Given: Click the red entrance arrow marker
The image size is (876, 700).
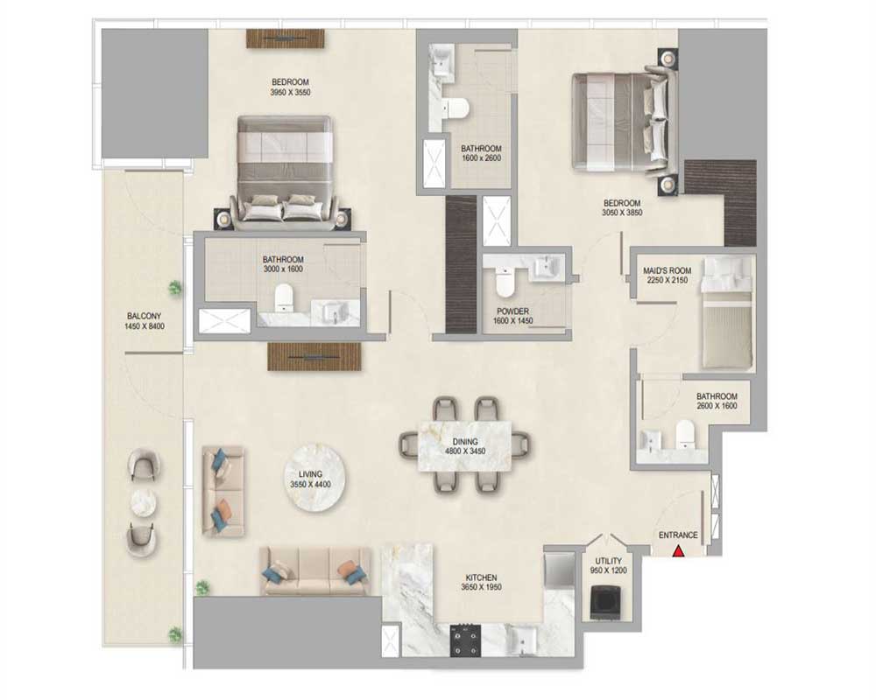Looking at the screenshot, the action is click(x=678, y=551).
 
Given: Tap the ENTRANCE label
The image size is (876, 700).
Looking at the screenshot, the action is click(x=678, y=535).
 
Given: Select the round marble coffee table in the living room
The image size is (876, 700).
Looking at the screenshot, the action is click(x=315, y=479).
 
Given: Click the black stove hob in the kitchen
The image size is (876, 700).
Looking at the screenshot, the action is click(x=465, y=640).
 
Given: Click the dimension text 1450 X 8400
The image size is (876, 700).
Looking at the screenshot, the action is click(x=145, y=326).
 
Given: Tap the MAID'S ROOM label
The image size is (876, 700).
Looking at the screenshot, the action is click(x=667, y=270).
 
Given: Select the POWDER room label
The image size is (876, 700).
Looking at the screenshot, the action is click(x=512, y=311).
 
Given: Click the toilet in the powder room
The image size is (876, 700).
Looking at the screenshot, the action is click(x=505, y=282).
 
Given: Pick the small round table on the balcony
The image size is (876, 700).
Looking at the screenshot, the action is click(x=145, y=503).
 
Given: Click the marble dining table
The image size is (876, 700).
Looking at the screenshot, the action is click(x=465, y=446).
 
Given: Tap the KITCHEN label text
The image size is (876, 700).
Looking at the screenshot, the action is click(x=482, y=577).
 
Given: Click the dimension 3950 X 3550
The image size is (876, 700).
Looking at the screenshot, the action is click(x=290, y=92).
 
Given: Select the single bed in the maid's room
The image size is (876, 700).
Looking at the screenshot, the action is click(x=727, y=312).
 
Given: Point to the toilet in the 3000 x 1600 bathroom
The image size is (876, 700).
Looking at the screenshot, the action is click(x=284, y=297).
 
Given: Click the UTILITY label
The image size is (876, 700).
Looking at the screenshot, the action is click(x=609, y=561).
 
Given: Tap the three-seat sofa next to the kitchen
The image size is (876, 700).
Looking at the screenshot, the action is click(x=315, y=571).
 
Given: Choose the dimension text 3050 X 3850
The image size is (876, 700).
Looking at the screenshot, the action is click(x=622, y=213).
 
